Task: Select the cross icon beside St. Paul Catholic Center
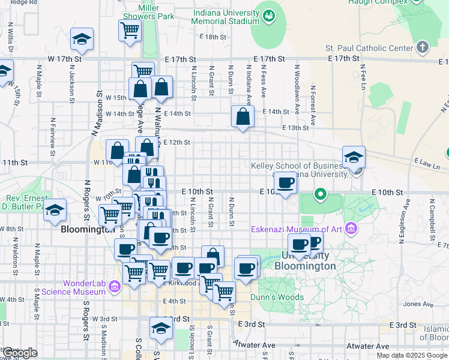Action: [423, 47]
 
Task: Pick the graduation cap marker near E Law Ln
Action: [354, 157]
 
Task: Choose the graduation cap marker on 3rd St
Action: [160, 327]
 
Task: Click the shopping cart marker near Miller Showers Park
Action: [130, 29]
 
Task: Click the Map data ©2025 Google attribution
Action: [412, 355]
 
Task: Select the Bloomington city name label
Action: [88, 229]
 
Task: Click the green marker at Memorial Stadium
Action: [269, 14]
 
